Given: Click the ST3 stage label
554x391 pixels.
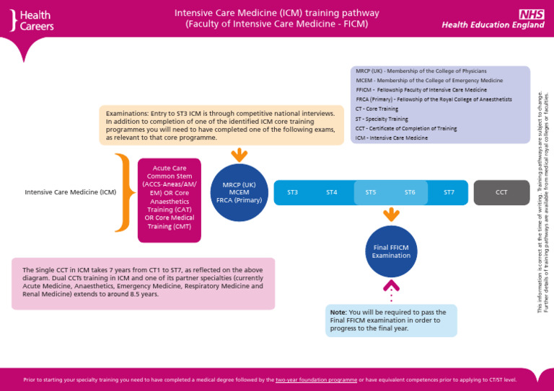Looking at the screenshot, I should (292, 192).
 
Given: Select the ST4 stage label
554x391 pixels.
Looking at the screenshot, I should (332, 192).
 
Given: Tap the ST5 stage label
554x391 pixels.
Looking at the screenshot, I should (371, 192).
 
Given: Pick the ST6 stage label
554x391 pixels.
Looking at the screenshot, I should (410, 192).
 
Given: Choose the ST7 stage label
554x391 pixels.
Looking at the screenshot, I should (449, 192).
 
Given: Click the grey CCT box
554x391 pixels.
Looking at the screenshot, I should (501, 192).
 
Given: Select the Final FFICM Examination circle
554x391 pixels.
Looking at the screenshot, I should (391, 251).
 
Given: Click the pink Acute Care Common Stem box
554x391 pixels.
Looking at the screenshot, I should (169, 190).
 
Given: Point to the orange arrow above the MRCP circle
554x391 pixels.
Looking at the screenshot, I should (239, 156).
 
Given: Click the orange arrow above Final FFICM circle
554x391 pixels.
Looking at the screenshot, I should (391, 214).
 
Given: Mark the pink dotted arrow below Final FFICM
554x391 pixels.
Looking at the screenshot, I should (391, 292).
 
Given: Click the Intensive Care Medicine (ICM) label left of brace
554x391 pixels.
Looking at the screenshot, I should (70, 192).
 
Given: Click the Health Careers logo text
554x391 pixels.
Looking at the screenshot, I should (36, 20).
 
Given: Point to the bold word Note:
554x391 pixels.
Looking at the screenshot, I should (338, 312).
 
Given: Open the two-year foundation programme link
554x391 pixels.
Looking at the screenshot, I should (316, 379).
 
